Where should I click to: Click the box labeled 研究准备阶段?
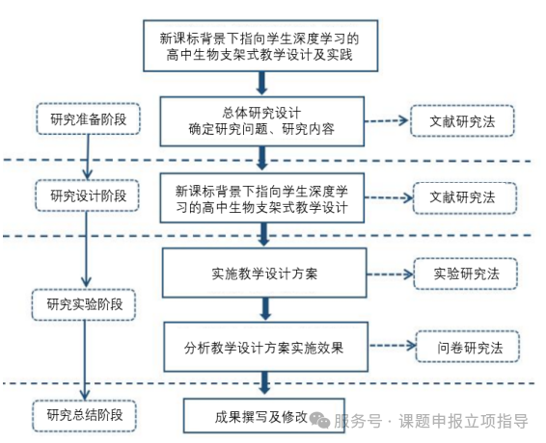pyautogui.click(x=88, y=118)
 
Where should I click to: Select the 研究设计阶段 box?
pyautogui.click(x=88, y=195)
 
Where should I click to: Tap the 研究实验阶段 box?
pyautogui.click(x=84, y=304)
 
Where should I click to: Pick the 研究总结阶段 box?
pyautogui.click(x=85, y=416)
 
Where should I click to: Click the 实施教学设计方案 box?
pyautogui.click(x=264, y=273)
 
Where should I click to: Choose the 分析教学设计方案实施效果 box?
pyautogui.click(x=266, y=347)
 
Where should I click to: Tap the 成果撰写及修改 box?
pyautogui.click(x=264, y=416)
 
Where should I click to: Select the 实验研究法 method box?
pyautogui.click(x=466, y=274)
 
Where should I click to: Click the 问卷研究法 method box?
pyautogui.click(x=468, y=347)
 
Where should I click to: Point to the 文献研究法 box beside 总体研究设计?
pyautogui.click(x=462, y=121)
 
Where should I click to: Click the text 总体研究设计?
pyautogui.click(x=261, y=114)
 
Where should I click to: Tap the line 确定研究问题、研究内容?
pyautogui.click(x=261, y=129)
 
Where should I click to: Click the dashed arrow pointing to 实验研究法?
pyautogui.click(x=390, y=274)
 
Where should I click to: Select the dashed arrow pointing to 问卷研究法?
pyautogui.click(x=393, y=346)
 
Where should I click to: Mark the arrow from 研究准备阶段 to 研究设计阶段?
pyautogui.click(x=88, y=157)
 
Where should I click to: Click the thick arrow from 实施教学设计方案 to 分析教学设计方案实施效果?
pyautogui.click(x=265, y=309)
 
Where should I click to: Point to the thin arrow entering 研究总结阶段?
pyautogui.click(x=84, y=360)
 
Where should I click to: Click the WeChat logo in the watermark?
pyautogui.click(x=319, y=420)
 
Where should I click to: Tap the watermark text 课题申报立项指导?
pyautogui.click(x=463, y=421)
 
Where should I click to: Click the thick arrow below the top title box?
pyautogui.click(x=261, y=83)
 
